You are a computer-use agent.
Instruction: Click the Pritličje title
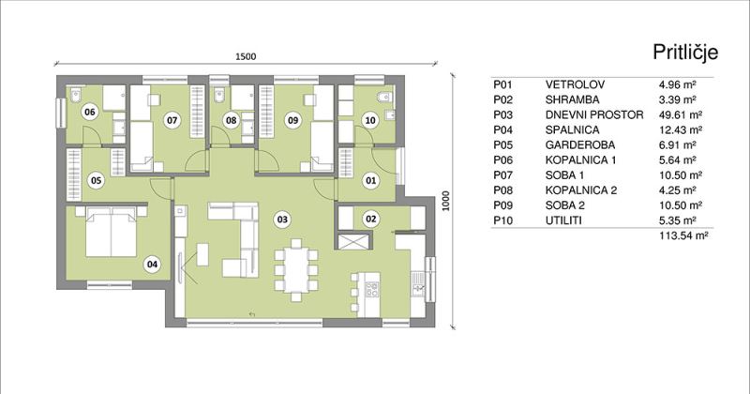[685, 53]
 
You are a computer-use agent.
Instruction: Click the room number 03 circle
[283, 220]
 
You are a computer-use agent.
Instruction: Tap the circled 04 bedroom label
[152, 264]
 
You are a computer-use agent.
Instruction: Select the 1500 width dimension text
[246, 56]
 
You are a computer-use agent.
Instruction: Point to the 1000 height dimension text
[446, 201]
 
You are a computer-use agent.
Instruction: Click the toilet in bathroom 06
[76, 96]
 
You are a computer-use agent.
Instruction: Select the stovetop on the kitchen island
[371, 289]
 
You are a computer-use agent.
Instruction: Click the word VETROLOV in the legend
[575, 84]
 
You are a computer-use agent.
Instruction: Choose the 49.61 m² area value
[681, 114]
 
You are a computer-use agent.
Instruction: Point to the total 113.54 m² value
[683, 235]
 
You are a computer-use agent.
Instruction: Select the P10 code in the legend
[503, 220]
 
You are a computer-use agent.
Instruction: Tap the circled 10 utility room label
[370, 120]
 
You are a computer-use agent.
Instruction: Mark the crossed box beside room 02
[354, 241]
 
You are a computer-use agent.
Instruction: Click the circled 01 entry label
[370, 180]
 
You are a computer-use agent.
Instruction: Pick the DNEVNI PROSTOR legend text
[594, 114]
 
